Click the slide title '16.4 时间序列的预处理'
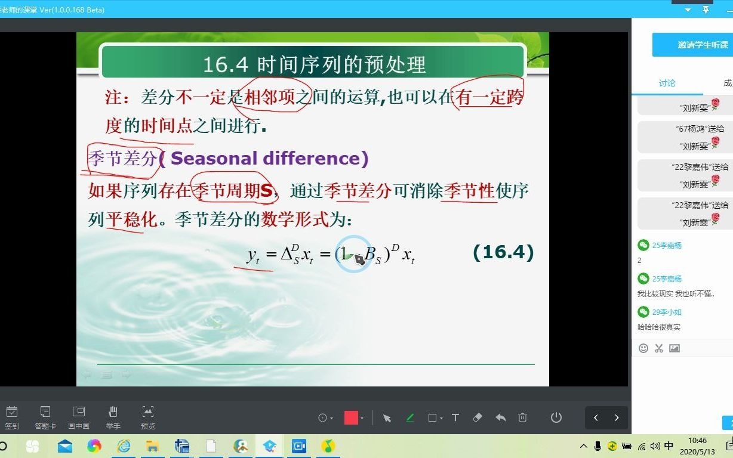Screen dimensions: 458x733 point(314,64)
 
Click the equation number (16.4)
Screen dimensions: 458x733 point(503,252)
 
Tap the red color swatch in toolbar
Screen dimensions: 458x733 point(351,417)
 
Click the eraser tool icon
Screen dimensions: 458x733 point(477,417)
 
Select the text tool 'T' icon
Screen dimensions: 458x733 point(455,417)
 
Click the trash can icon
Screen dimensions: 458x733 point(522,417)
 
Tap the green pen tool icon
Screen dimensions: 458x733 point(410,417)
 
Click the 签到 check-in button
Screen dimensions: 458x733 point(12,417)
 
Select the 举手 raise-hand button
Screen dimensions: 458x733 point(113,417)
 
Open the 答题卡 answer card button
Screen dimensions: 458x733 point(45,417)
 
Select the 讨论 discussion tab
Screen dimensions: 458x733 point(667,83)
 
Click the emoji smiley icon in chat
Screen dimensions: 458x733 point(643,348)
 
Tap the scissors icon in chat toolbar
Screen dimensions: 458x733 point(659,348)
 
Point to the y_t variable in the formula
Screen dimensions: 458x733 point(253,255)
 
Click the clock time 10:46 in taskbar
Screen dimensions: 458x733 point(697,441)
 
